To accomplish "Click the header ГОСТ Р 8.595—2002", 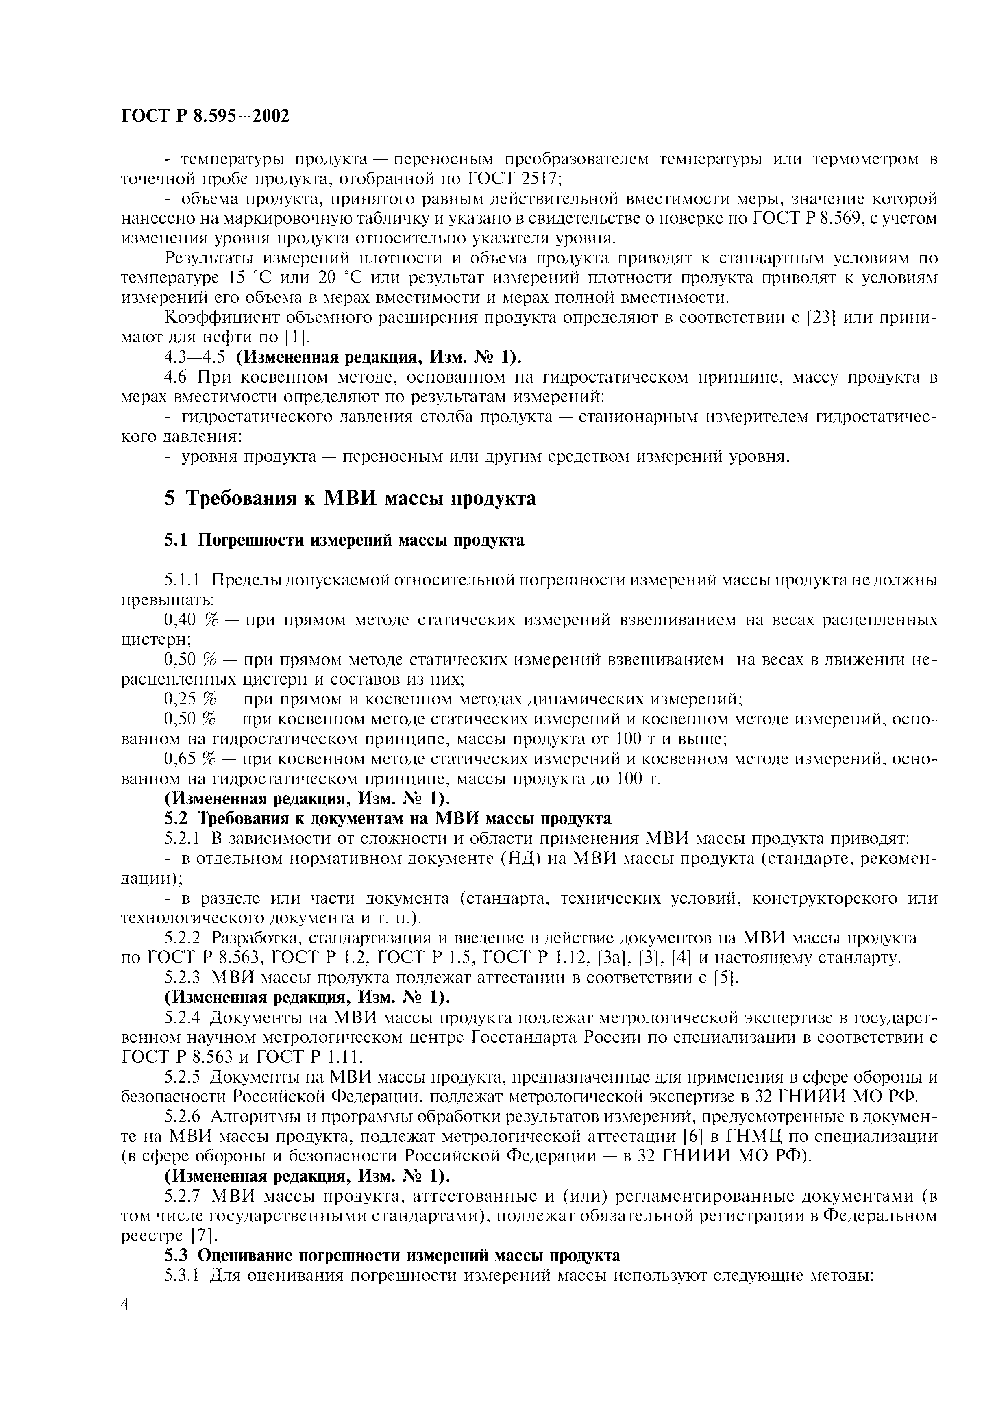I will click(x=205, y=116).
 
